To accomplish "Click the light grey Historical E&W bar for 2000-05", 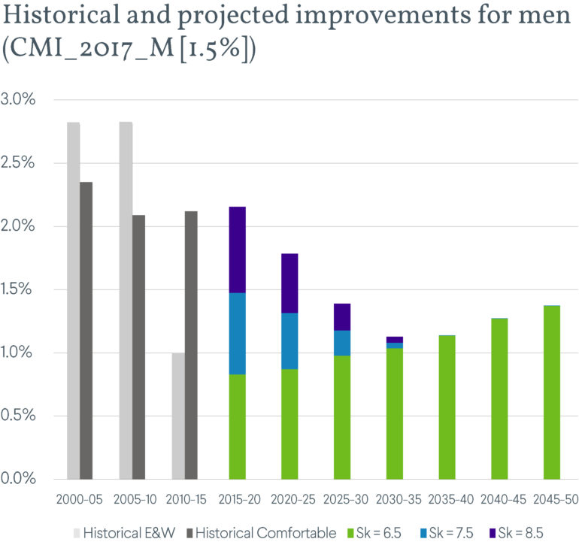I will [73, 301].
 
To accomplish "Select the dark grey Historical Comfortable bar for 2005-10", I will [138, 347].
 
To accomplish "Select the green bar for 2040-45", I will [499, 398].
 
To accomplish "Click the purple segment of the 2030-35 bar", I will [395, 340].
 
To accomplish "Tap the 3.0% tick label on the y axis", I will [20, 100].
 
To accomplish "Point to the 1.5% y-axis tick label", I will [20, 289].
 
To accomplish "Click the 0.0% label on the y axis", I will [20, 479].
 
